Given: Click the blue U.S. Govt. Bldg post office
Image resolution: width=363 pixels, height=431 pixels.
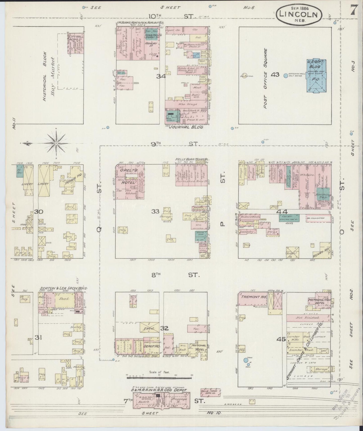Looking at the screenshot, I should point(316,76).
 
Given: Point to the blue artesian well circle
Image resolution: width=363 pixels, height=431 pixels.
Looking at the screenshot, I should point(286,75).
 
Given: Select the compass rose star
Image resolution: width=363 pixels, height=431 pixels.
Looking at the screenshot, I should point(56,143).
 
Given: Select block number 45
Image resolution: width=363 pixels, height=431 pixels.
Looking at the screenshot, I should point(281,339).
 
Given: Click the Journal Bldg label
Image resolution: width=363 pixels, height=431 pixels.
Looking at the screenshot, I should point(186,127).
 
